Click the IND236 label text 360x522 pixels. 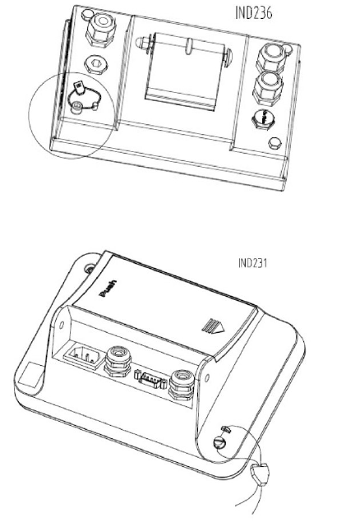pyautogui.click(x=253, y=13)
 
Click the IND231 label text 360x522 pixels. pyautogui.click(x=253, y=263)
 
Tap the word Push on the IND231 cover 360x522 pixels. pyautogui.click(x=108, y=289)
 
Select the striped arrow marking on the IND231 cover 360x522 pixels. pyautogui.click(x=213, y=326)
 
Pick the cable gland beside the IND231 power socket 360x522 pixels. pyautogui.click(x=118, y=361)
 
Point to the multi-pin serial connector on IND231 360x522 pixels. pyautogui.click(x=150, y=380)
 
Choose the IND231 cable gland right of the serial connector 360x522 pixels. pyautogui.click(x=182, y=386)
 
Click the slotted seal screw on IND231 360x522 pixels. pyautogui.click(x=220, y=443)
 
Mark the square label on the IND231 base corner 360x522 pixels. pyautogui.click(x=31, y=375)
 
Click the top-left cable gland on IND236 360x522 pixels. pyautogui.click(x=100, y=30)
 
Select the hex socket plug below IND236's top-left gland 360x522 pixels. pyautogui.click(x=96, y=64)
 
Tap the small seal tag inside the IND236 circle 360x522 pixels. pyautogui.click(x=80, y=87)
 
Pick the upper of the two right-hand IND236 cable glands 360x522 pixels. pyautogui.click(x=271, y=58)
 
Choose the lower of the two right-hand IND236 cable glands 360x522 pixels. pyautogui.click(x=268, y=87)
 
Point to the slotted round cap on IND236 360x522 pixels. pyautogui.click(x=264, y=119)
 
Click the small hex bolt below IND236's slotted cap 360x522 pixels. pyautogui.click(x=275, y=143)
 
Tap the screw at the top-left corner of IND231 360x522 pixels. pyautogui.click(x=90, y=268)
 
